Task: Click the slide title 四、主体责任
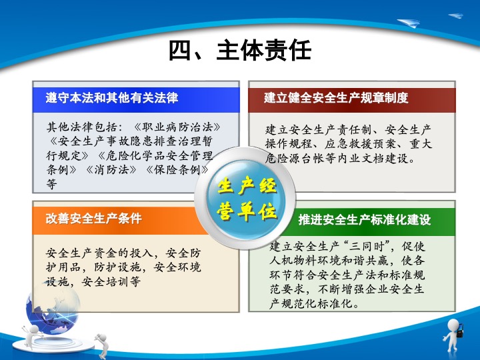[x=240, y=50]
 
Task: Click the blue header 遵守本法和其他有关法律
[x=112, y=98]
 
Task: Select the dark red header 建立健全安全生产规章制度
[x=336, y=98]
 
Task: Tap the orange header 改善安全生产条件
[x=94, y=219]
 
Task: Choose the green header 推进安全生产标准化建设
[x=365, y=219]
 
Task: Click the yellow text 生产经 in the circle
[x=247, y=186]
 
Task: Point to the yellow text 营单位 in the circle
[x=247, y=211]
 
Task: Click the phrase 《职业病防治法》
[x=177, y=127]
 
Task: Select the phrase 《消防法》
[x=111, y=169]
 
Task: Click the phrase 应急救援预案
[x=361, y=144]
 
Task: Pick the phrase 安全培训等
[x=111, y=281]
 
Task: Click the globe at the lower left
[x=53, y=309]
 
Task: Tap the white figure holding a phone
[x=453, y=335]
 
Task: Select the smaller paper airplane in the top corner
[x=456, y=15]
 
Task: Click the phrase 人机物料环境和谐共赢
[x=329, y=261]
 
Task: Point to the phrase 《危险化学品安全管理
[x=155, y=155]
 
